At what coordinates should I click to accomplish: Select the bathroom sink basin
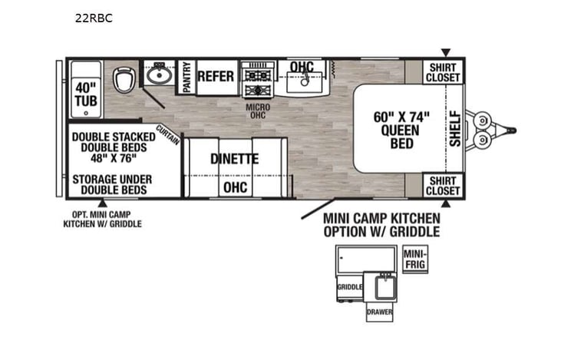(160, 74)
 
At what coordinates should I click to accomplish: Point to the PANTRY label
(186, 77)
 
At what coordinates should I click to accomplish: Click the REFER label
(216, 76)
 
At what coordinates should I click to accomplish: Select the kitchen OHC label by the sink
(302, 68)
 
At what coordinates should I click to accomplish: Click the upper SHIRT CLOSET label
(444, 72)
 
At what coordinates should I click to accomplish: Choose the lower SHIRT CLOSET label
(444, 186)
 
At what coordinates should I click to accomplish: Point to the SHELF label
(455, 128)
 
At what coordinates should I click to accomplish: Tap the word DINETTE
(235, 160)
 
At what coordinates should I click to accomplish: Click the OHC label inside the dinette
(235, 187)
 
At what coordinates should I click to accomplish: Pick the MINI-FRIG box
(415, 258)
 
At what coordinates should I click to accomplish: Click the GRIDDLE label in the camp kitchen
(349, 288)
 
